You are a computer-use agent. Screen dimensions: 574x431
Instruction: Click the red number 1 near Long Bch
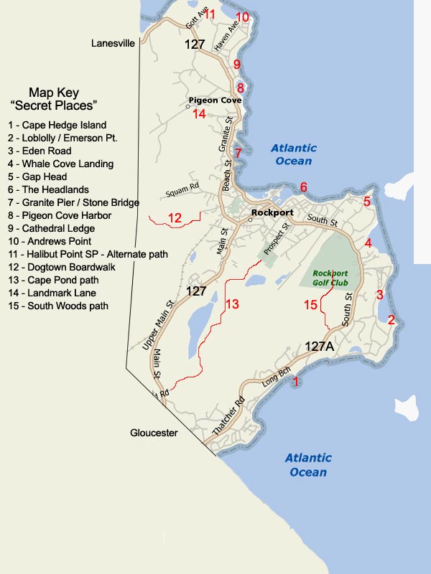coord(295,382)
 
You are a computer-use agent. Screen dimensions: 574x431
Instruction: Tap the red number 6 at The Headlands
coord(304,187)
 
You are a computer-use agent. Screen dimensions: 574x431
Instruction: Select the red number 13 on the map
coord(231,304)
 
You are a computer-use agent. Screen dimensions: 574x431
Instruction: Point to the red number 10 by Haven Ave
coord(243,17)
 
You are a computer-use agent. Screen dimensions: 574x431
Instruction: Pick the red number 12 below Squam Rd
coord(175,218)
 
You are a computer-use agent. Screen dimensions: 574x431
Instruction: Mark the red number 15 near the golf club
coord(310,306)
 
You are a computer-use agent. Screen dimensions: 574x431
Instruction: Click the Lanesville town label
coord(113,44)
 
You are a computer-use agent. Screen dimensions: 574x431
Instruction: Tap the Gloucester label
coord(154,433)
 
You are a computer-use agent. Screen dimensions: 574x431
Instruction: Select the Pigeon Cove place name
coord(214,100)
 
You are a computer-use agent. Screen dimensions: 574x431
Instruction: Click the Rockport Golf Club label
coord(330,277)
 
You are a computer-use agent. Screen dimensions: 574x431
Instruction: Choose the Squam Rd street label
coord(181,193)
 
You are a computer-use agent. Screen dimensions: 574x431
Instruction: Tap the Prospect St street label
coord(277,237)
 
